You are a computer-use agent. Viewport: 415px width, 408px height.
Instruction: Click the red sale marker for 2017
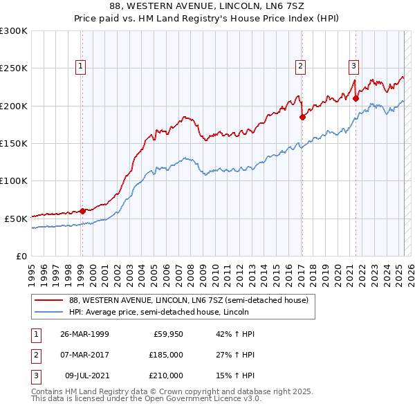[302, 118]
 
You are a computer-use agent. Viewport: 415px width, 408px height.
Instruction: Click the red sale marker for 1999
[82, 211]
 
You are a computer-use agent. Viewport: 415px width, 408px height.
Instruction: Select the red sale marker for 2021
[356, 99]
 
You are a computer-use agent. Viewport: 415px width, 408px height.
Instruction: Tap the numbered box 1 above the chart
[81, 66]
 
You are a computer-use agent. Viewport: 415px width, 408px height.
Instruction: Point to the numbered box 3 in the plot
[353, 66]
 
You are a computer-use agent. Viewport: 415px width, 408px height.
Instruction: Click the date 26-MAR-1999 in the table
[84, 334]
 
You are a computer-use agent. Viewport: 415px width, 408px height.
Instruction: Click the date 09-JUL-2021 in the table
[84, 375]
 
